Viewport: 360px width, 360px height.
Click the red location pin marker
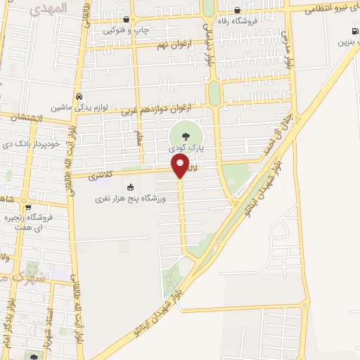(x=180, y=166)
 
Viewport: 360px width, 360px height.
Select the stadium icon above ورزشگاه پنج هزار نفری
(x=129, y=187)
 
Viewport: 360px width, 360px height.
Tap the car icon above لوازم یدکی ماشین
(x=79, y=96)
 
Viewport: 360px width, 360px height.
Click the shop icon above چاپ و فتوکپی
(x=126, y=20)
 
